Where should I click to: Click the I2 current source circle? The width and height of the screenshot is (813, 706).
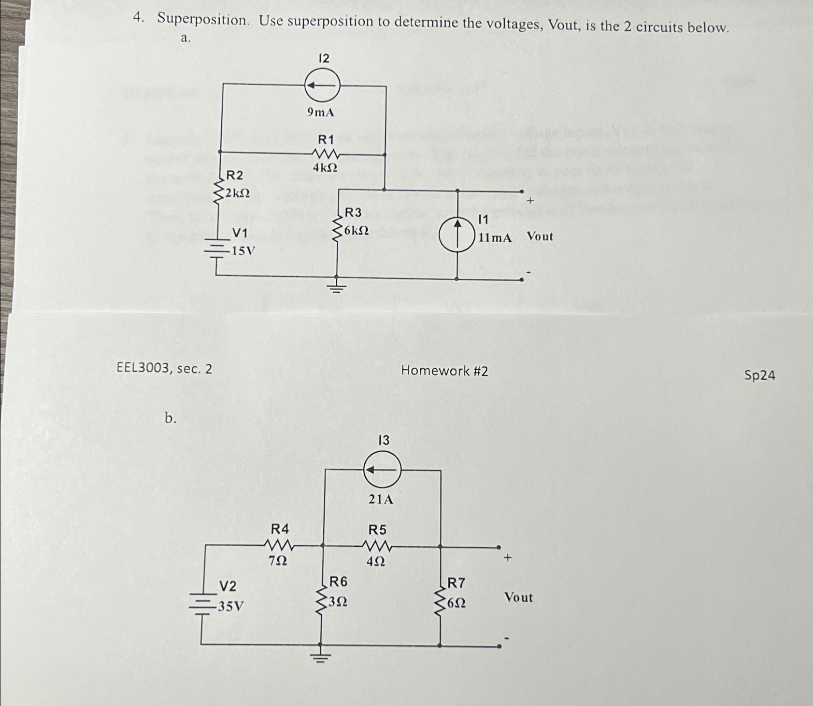coord(322,85)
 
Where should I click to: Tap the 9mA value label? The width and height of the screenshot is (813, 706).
coord(321,112)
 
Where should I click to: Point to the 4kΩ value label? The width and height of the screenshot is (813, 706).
coord(325,168)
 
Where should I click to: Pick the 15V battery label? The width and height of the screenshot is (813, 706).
coord(243,251)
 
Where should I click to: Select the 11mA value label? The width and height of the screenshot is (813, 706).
coord(495,237)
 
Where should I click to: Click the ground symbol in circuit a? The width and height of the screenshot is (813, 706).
coord(337,288)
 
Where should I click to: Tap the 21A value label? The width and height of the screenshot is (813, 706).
coord(381,499)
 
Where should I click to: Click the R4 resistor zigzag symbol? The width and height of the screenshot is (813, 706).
coord(279,545)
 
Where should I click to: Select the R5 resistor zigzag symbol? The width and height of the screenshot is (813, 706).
coord(376,546)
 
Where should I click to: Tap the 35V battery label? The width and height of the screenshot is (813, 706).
coord(230,606)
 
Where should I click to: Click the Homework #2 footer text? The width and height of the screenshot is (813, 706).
coord(444,371)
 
